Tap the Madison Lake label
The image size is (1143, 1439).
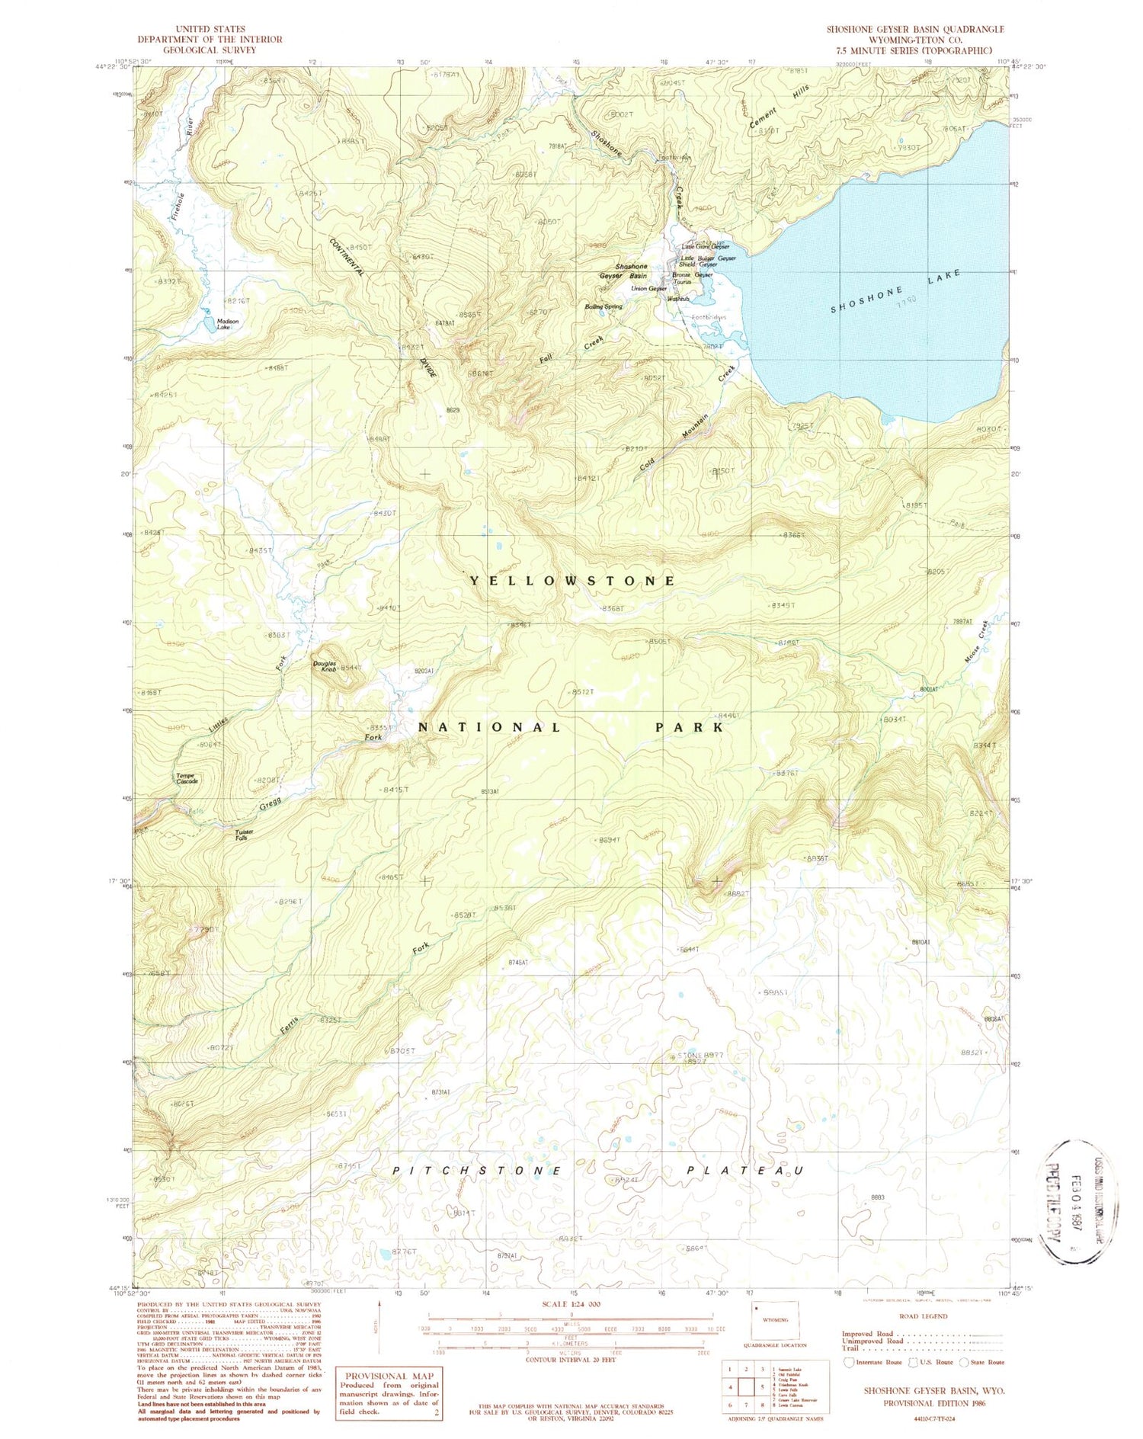point(227,324)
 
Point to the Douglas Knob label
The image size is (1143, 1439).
point(325,665)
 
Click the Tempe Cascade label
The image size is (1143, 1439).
point(187,778)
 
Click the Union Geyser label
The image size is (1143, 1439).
point(648,289)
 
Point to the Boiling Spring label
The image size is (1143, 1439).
point(604,306)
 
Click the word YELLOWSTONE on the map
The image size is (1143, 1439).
point(572,581)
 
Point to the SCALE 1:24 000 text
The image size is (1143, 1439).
point(571,1304)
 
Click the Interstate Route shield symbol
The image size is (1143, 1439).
point(850,1361)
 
